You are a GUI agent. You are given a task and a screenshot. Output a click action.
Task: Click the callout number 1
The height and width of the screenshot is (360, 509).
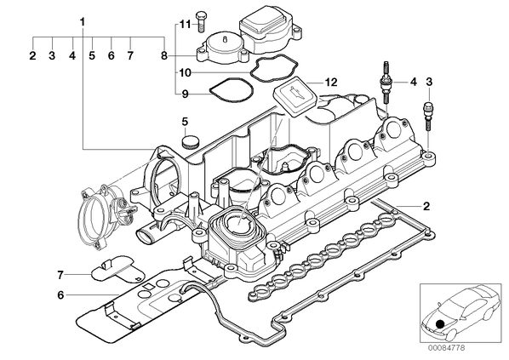(x=83, y=22)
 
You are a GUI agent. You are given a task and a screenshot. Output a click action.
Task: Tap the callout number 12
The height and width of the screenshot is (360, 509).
(x=331, y=83)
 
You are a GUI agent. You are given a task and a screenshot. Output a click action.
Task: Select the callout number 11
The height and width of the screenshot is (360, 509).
(x=186, y=24)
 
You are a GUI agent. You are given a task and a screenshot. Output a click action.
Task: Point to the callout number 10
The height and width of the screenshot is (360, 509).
(x=185, y=72)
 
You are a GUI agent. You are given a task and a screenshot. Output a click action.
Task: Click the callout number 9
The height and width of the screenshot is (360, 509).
(x=185, y=94)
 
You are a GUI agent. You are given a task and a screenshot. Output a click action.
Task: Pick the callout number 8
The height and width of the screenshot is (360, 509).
(x=164, y=56)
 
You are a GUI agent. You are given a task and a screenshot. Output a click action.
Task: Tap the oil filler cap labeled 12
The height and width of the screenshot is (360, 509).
(x=295, y=96)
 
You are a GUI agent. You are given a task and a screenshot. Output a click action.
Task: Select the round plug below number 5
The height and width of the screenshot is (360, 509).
(x=190, y=141)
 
